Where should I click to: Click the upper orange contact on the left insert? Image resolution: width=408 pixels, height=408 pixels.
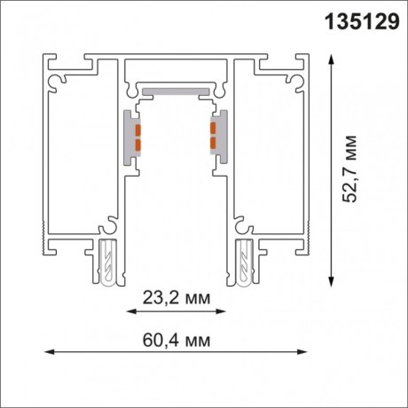pyautogui.click(x=138, y=130)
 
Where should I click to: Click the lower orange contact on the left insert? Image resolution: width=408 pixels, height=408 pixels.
pyautogui.click(x=138, y=144)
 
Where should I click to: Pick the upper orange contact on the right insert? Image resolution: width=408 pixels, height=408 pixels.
pyautogui.click(x=212, y=130)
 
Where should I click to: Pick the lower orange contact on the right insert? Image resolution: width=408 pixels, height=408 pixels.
pyautogui.click(x=212, y=144)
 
